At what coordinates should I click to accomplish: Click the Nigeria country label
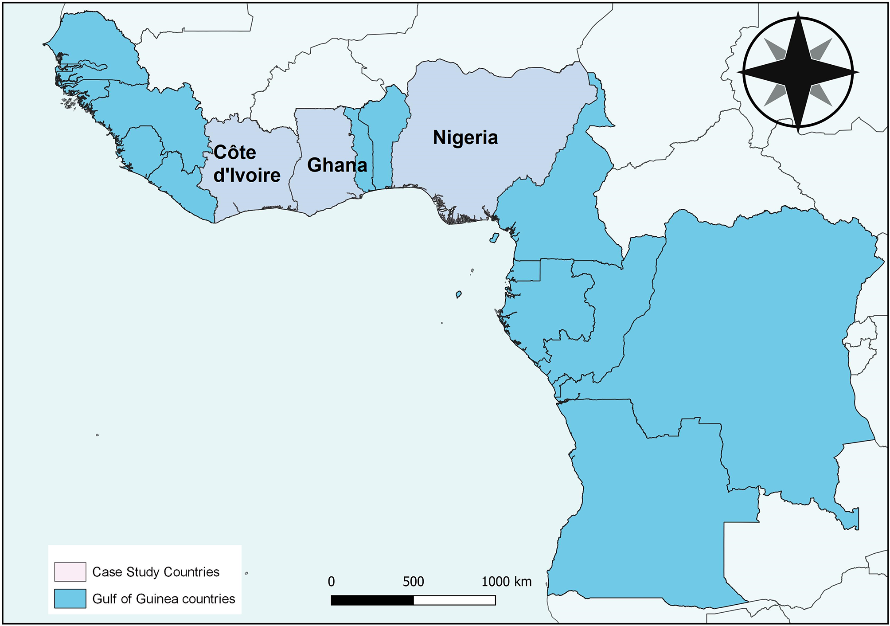pyautogui.click(x=465, y=137)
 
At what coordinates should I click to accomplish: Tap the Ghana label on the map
pyautogui.click(x=337, y=165)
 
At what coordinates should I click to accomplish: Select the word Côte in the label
pyautogui.click(x=235, y=153)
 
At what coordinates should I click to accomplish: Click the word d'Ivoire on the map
pyautogui.click(x=247, y=175)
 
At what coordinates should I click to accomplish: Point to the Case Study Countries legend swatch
pyautogui.click(x=70, y=571)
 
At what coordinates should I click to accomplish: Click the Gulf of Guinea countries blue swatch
pyautogui.click(x=70, y=599)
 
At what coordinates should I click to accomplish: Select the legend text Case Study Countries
pyautogui.click(x=156, y=572)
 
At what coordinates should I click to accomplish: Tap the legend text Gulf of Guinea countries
pyautogui.click(x=164, y=599)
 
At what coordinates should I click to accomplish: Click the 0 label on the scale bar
pyautogui.click(x=331, y=582)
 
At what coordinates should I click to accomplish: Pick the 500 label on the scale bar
pyautogui.click(x=413, y=582)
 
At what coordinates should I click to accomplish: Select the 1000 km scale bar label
pyautogui.click(x=506, y=582)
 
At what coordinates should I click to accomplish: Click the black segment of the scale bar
pyautogui.click(x=372, y=600)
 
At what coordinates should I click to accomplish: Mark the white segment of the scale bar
pyautogui.click(x=454, y=600)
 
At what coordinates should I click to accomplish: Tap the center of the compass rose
pyautogui.click(x=798, y=72)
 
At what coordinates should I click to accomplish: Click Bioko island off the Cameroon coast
pyautogui.click(x=494, y=238)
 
